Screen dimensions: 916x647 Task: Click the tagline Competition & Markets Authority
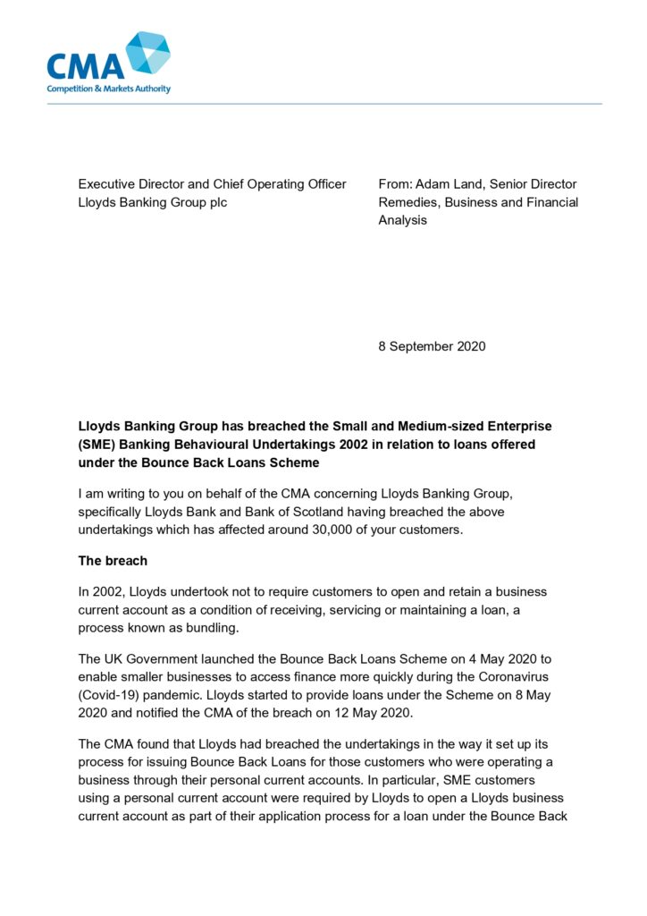[x=108, y=89]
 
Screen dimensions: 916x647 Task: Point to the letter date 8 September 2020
[x=432, y=346]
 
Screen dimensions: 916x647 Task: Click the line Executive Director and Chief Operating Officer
[x=212, y=184]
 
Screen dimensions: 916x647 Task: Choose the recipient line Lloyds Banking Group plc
[x=153, y=202]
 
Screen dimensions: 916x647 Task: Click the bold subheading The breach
[x=113, y=561]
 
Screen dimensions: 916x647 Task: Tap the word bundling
[x=207, y=627]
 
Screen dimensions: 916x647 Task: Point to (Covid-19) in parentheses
[x=112, y=694]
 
